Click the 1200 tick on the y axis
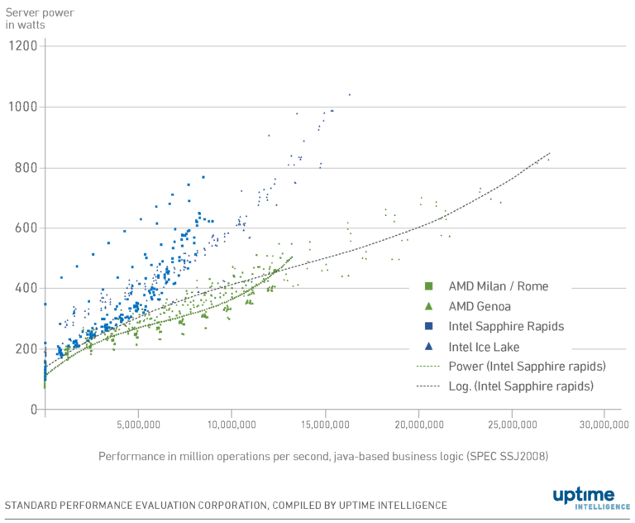click(23, 46)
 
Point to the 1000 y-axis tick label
click(23, 107)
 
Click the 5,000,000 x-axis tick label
click(138, 425)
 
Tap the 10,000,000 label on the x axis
click(232, 425)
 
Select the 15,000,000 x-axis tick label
click(325, 425)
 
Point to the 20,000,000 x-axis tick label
click(418, 425)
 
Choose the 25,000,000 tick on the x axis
click(512, 425)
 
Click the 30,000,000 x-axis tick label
click(604, 425)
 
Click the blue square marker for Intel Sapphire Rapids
click(428, 326)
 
